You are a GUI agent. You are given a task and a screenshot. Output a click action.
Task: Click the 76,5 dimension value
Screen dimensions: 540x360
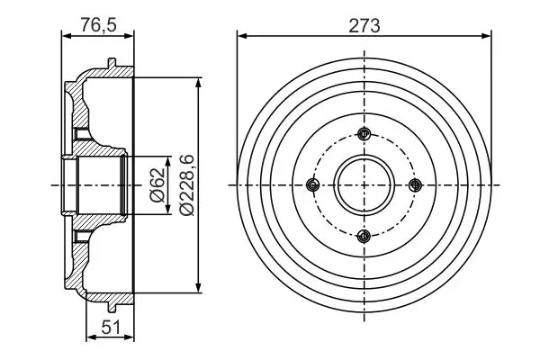point(98,25)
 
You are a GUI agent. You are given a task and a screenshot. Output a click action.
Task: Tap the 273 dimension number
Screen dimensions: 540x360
point(364,25)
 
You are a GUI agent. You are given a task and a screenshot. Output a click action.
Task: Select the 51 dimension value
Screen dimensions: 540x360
point(112,327)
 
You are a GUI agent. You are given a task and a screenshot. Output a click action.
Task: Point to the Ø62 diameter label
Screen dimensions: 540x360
point(157,185)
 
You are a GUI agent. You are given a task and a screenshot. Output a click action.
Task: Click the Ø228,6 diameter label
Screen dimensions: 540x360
point(188,185)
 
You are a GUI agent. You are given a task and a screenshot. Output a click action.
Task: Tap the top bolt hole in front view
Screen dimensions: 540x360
point(364,134)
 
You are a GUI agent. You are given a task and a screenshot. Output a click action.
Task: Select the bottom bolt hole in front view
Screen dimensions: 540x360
point(364,236)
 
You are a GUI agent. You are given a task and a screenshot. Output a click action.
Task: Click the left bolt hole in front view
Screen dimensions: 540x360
point(312,185)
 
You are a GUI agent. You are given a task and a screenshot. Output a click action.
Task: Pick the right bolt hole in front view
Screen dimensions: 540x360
point(415,185)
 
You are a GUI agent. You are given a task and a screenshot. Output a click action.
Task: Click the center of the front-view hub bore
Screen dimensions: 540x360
point(364,185)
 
